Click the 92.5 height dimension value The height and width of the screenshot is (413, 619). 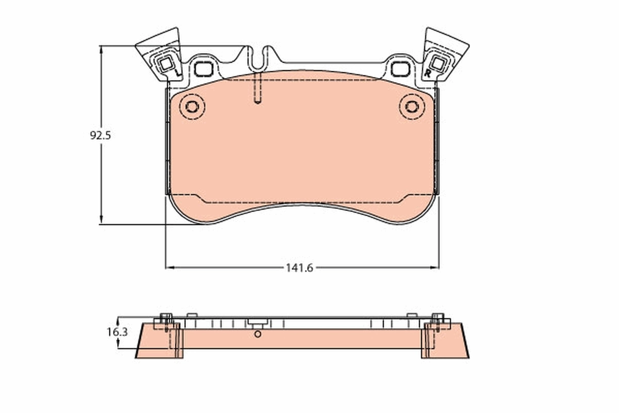point(101,136)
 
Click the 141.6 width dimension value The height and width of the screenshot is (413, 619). point(299,267)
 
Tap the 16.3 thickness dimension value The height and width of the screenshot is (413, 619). point(117,332)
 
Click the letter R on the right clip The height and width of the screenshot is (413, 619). point(427,74)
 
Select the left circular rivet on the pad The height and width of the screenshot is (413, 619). point(192,107)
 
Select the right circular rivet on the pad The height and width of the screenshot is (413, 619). point(412,107)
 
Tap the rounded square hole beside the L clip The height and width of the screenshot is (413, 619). point(204,68)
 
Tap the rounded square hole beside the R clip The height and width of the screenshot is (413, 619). point(400,68)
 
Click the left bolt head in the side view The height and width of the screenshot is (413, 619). point(166,317)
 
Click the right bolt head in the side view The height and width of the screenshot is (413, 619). point(437,317)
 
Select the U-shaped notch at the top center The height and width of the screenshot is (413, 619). point(263,57)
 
